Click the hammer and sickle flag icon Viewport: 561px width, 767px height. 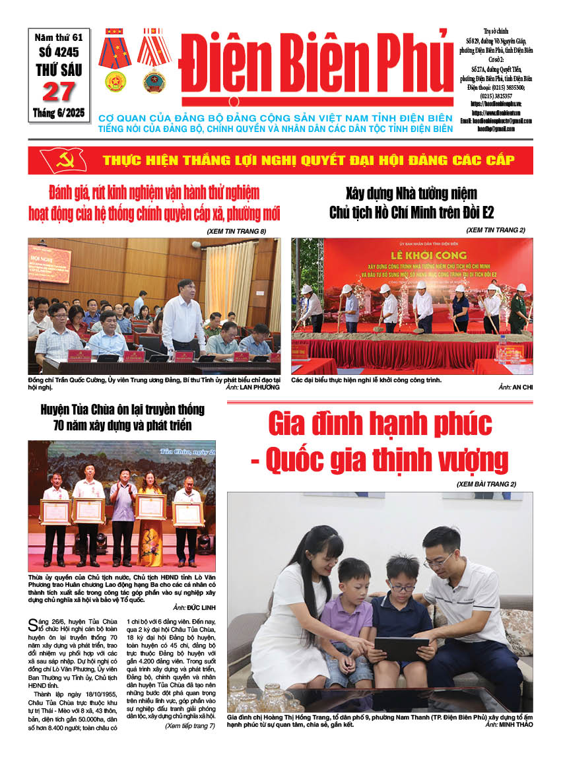click(x=63, y=160)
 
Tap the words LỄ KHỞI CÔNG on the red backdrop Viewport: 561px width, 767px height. click(x=409, y=255)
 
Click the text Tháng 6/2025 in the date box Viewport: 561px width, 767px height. click(x=59, y=114)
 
